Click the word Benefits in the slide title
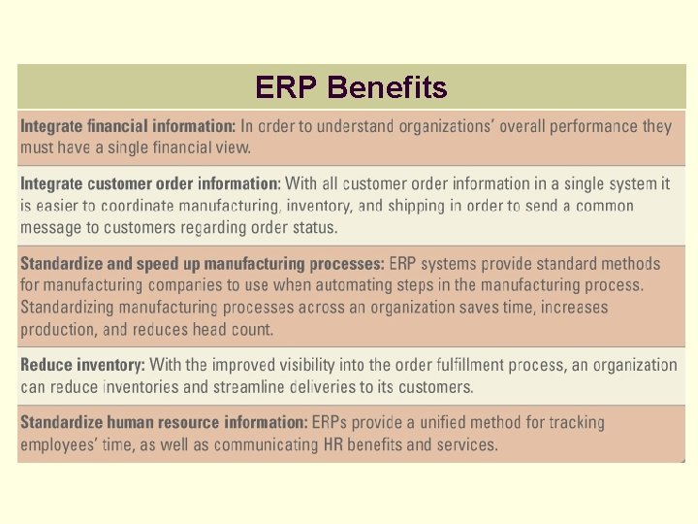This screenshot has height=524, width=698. (x=388, y=88)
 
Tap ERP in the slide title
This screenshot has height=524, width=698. (x=288, y=88)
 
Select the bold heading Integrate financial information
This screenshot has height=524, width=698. (x=128, y=126)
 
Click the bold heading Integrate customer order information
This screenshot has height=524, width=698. (x=150, y=183)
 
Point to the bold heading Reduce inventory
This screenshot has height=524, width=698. (x=82, y=366)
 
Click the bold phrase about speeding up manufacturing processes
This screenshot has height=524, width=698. (x=202, y=264)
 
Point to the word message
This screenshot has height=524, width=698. (x=52, y=228)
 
